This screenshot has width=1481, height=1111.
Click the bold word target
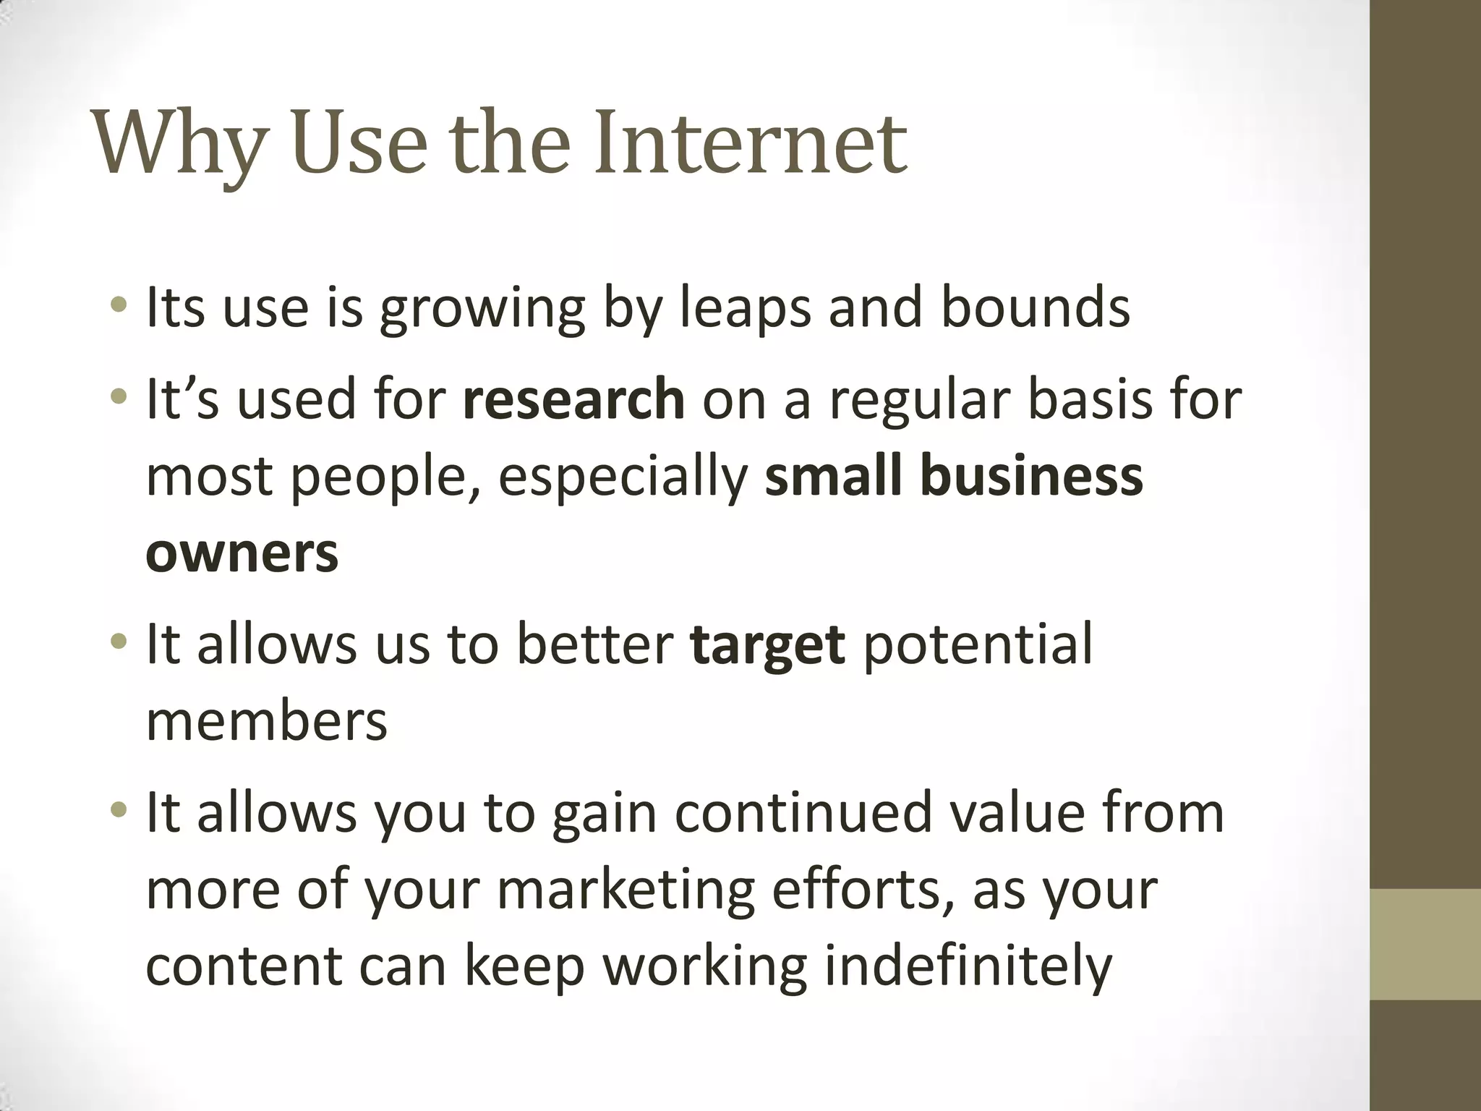[767, 644]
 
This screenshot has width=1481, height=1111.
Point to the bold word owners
[242, 553]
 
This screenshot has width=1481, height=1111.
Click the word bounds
[1035, 307]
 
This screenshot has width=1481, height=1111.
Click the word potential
[978, 644]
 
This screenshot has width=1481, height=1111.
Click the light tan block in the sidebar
[1425, 944]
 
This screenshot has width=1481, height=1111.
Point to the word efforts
[856, 890]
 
